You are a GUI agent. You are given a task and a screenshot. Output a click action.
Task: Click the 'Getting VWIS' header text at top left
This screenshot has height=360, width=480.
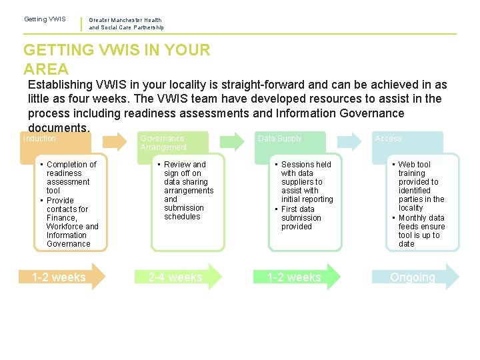point(45,19)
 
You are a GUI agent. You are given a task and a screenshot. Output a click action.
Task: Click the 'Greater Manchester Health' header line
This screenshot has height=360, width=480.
point(125,21)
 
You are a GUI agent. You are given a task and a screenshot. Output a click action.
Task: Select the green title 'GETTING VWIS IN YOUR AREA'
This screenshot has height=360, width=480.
point(117,59)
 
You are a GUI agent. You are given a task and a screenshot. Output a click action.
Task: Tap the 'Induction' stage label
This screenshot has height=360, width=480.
point(40,139)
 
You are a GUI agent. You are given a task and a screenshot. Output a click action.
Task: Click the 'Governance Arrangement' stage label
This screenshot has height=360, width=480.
point(163,143)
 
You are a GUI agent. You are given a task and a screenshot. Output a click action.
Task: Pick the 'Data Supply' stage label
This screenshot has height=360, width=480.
point(279,139)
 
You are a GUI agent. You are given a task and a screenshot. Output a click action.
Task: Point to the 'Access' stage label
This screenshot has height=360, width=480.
point(388,139)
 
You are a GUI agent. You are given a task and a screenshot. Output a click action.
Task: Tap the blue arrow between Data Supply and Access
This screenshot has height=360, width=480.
point(349,141)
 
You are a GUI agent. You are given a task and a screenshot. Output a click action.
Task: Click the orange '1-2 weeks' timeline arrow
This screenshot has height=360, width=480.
point(64,277)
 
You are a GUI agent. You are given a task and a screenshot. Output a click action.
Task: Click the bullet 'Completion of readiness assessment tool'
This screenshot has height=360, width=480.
point(71,177)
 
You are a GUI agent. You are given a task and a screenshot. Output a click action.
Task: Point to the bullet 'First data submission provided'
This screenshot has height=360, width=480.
point(301,218)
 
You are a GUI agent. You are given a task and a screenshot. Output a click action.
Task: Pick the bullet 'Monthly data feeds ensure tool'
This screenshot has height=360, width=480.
point(421,231)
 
